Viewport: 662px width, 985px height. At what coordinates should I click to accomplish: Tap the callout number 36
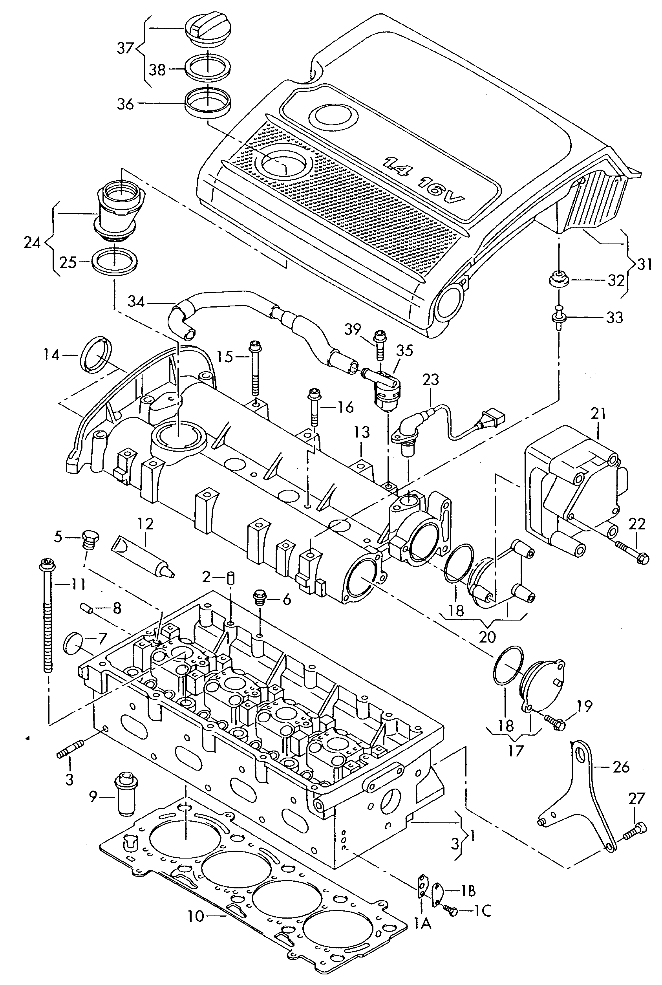click(125, 104)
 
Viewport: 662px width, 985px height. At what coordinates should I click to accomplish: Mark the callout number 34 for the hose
click(136, 302)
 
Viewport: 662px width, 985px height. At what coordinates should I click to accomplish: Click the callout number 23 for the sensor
click(431, 379)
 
